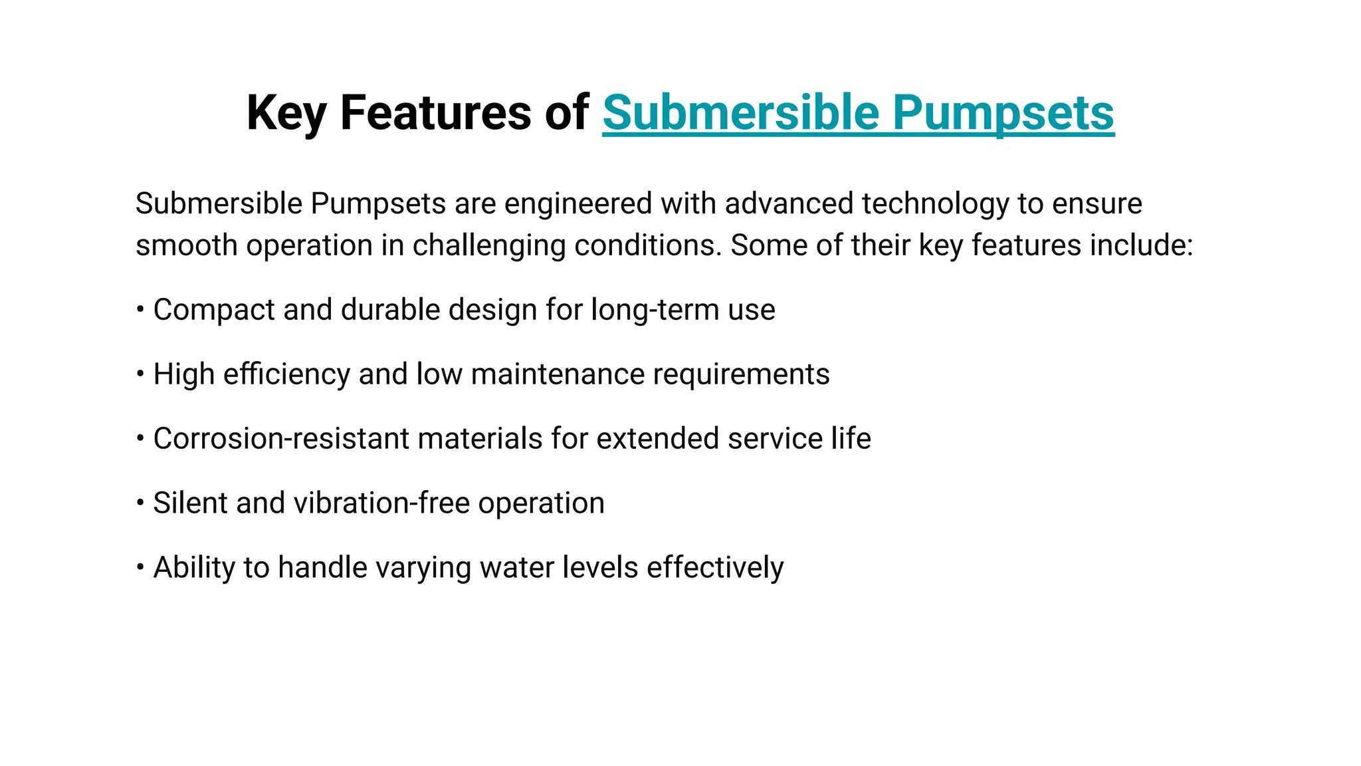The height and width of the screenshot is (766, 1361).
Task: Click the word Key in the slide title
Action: [286, 113]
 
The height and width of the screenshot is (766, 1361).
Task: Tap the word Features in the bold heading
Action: [435, 113]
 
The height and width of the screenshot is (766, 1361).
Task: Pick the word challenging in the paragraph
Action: [488, 245]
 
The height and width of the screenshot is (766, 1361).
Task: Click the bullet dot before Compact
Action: [140, 309]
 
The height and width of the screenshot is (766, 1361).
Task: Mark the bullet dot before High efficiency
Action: [140, 374]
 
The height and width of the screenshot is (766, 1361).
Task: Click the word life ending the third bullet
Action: [851, 439]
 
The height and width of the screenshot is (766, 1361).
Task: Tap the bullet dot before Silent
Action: [140, 503]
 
